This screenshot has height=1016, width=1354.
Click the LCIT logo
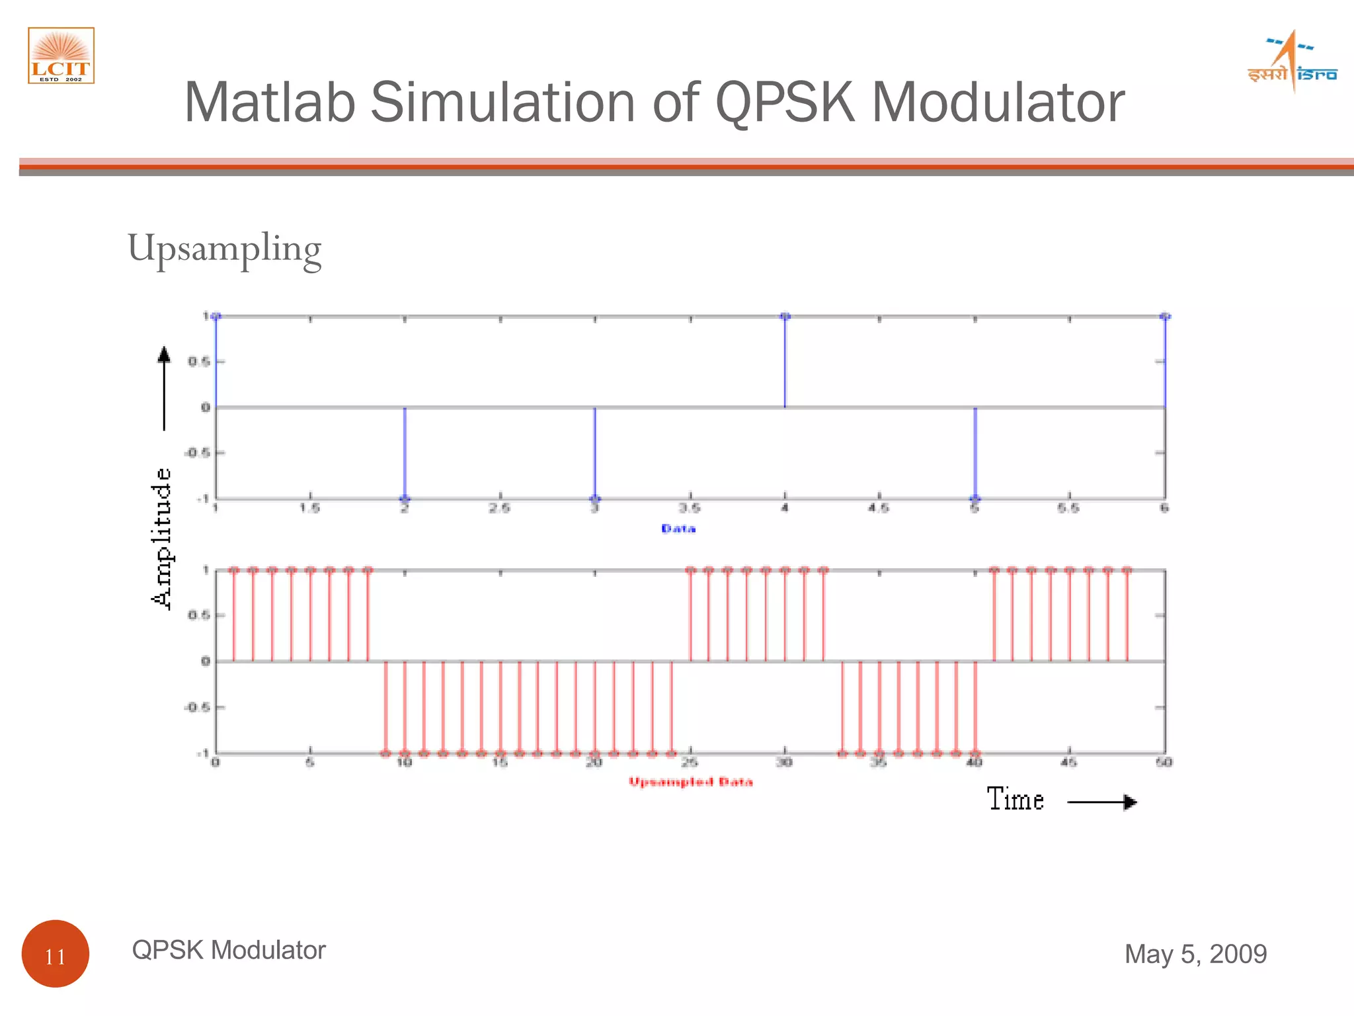[x=61, y=56]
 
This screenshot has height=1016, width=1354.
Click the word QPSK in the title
[x=785, y=103]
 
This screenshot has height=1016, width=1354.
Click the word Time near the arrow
[x=1015, y=799]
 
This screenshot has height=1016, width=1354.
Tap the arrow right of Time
[x=1102, y=802]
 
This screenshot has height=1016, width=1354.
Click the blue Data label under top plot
[x=678, y=529]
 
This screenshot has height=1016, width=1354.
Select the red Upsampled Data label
[x=690, y=782]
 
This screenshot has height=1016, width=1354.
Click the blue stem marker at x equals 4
[x=785, y=317]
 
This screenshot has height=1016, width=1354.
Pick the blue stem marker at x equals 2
[x=405, y=499]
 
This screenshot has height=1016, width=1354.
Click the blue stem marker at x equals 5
[x=975, y=499]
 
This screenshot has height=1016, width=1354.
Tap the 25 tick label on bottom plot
[x=690, y=763]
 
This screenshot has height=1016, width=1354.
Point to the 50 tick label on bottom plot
[x=1164, y=763]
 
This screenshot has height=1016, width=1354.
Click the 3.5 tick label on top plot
[x=690, y=508]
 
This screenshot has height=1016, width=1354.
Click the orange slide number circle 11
[x=56, y=953]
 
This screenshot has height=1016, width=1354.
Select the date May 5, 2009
[x=1195, y=954]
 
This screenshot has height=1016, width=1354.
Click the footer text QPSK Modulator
[x=229, y=950]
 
